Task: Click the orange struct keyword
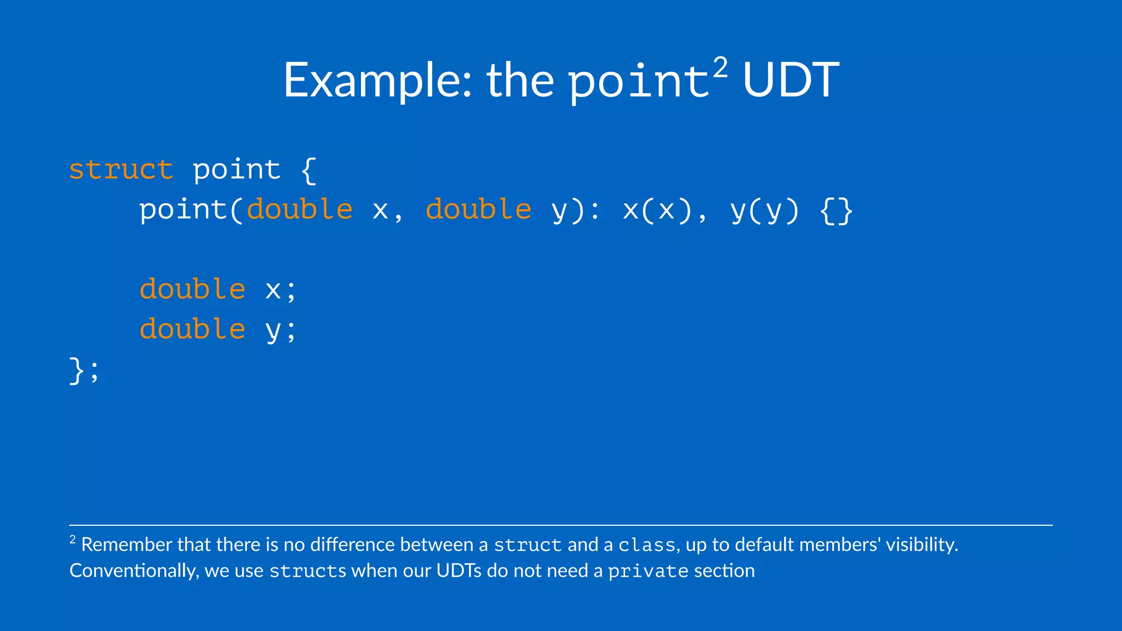coord(121,169)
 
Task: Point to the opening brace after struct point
coord(308,170)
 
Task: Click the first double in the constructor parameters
coord(300,210)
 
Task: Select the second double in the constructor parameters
coord(478,210)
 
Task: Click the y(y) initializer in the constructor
coord(765,210)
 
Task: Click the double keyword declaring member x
coord(192,289)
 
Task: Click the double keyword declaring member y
coord(192,329)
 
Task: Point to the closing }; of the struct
coord(84,370)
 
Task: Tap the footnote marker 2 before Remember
coord(72,540)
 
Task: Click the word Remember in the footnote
coord(127,544)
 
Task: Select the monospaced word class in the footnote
coord(646,545)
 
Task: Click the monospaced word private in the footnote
coord(648,571)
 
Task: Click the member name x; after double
coord(280,290)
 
